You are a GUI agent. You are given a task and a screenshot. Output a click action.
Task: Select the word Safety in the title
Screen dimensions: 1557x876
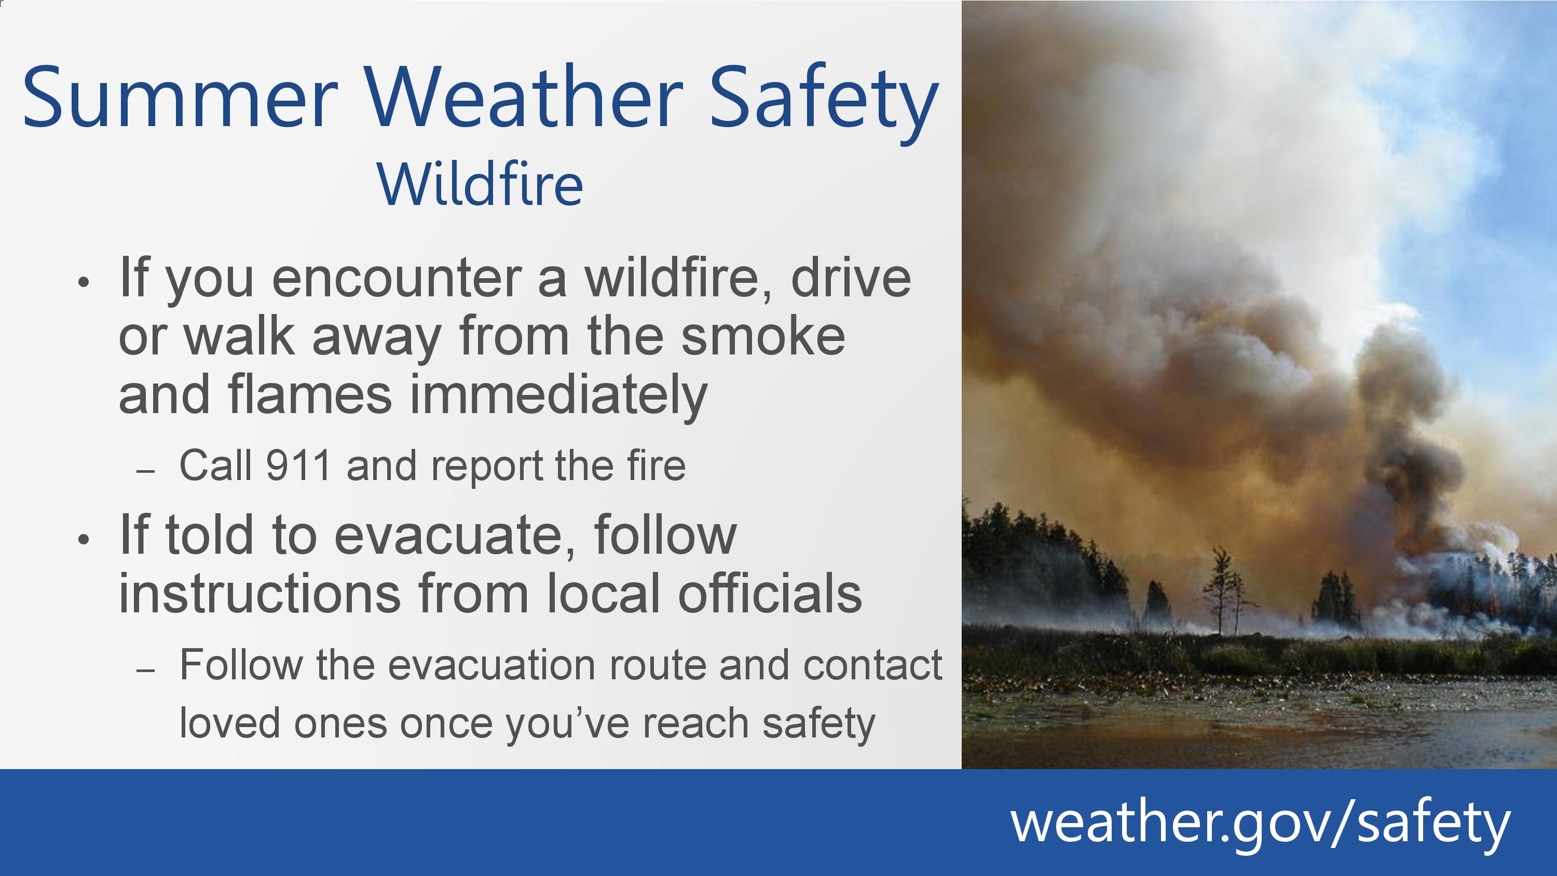click(823, 103)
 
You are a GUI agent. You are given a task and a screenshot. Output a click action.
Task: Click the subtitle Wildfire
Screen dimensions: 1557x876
click(481, 184)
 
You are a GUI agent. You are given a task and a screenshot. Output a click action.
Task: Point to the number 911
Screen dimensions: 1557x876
click(298, 466)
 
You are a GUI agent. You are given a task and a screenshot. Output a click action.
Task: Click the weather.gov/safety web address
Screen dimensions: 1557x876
click(1260, 823)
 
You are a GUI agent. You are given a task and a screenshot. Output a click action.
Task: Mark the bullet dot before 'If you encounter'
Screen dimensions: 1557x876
click(84, 282)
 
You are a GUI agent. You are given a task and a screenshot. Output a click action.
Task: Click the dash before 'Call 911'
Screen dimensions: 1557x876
click(146, 472)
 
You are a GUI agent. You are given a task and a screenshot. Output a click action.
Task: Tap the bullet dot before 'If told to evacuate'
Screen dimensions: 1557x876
click(84, 539)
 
